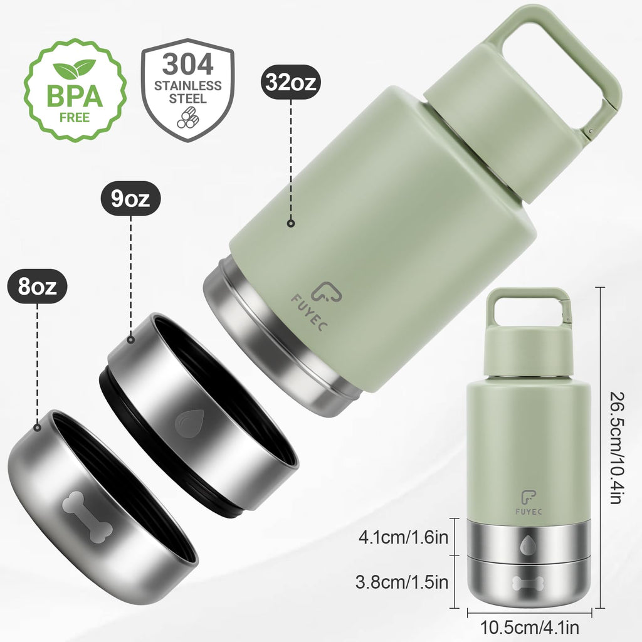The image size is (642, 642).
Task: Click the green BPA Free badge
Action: (75, 90)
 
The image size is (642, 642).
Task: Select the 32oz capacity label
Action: (292, 82)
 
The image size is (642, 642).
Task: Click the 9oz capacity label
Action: (130, 200)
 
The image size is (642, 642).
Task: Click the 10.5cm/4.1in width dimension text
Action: (529, 626)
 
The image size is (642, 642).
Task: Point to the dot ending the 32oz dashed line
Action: (291, 223)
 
